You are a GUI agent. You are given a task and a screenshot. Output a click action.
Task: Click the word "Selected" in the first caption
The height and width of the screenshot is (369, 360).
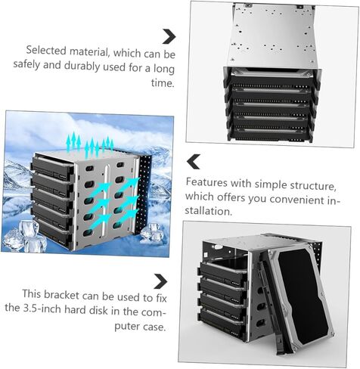(46, 51)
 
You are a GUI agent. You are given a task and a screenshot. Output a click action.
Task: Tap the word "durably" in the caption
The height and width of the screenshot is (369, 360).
(82, 66)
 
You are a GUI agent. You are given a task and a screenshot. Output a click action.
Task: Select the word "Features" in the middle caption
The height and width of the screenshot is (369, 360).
(206, 182)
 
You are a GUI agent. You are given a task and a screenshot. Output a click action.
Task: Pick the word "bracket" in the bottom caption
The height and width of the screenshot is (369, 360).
(62, 295)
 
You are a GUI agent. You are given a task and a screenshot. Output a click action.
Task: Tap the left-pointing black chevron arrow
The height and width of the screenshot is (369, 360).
(194, 162)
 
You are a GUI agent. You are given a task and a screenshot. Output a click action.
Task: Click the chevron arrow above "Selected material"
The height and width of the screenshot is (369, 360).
(169, 36)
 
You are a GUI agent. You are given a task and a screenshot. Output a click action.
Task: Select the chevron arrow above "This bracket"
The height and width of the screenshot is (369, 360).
(160, 281)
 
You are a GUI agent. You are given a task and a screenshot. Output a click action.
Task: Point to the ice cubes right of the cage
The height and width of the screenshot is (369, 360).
(151, 233)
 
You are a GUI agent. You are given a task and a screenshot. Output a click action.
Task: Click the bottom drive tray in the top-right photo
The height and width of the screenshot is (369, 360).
(270, 134)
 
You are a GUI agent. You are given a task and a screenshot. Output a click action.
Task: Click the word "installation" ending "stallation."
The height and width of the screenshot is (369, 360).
(208, 211)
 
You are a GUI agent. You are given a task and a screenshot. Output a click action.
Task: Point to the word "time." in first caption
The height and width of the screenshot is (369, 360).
(163, 82)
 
